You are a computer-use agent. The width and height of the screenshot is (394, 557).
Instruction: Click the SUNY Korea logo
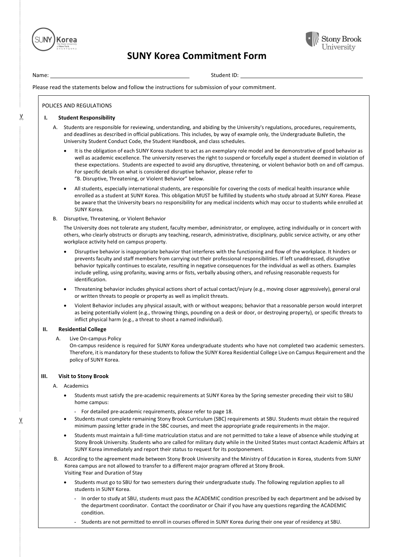tap(54, 40)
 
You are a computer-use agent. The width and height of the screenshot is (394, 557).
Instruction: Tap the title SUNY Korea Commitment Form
tap(196, 56)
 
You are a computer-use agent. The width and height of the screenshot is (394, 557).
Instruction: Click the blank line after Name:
tap(119, 76)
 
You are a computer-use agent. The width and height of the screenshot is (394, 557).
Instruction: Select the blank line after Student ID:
tap(301, 76)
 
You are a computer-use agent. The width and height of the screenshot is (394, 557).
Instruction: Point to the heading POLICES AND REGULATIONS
tap(77, 106)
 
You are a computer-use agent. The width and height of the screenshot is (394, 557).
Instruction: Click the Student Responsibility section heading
tap(86, 118)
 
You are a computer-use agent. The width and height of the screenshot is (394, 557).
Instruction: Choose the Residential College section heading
tap(82, 329)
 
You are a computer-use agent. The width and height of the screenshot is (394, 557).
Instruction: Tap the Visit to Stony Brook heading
tap(83, 376)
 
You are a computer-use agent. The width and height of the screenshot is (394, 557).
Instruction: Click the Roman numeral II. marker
tap(45, 329)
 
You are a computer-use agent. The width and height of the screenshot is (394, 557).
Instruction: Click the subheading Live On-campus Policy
tap(95, 338)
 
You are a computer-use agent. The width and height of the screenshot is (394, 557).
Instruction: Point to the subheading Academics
tap(76, 386)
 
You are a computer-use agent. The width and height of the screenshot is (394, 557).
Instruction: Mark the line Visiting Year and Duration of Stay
tap(103, 473)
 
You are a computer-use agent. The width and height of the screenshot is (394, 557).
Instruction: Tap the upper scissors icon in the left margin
tap(21, 117)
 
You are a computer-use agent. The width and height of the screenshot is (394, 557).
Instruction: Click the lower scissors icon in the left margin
tap(21, 421)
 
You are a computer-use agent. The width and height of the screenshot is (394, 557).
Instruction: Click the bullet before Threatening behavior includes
tap(65, 289)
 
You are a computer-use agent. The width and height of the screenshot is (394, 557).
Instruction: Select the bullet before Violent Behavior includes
tap(65, 306)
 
